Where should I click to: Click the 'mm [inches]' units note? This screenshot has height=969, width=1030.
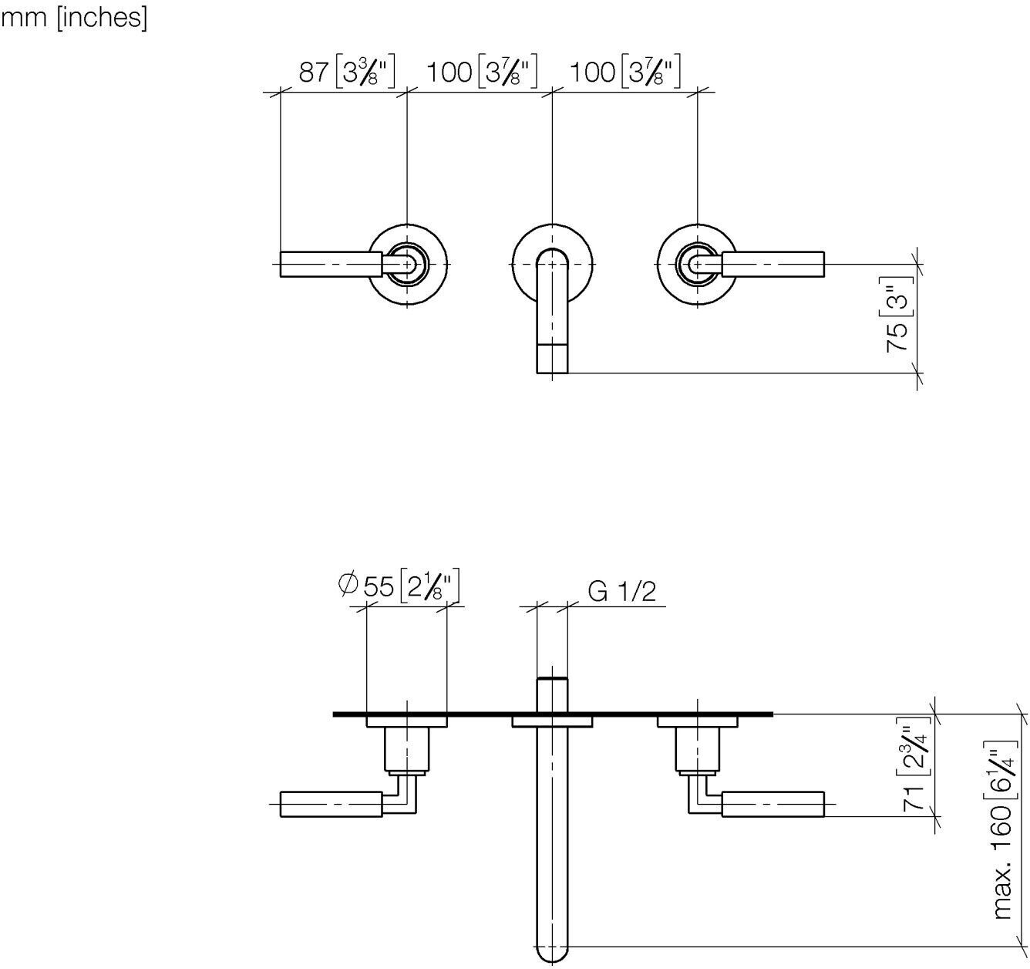tap(74, 19)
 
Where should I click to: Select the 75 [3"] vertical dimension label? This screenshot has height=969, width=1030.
tap(898, 315)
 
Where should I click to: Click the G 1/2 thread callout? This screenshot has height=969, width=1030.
tap(622, 591)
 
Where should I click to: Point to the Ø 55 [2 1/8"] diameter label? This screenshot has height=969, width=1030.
tap(399, 586)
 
